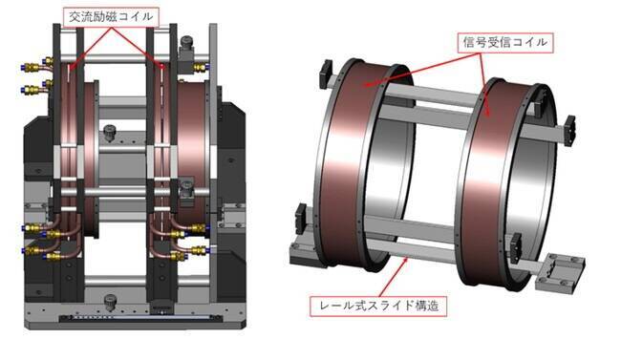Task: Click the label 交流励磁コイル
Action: [111, 16]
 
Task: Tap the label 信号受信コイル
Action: [505, 42]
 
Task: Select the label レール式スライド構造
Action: [378, 306]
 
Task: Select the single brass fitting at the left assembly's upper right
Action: [200, 68]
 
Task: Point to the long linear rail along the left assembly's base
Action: [140, 317]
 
